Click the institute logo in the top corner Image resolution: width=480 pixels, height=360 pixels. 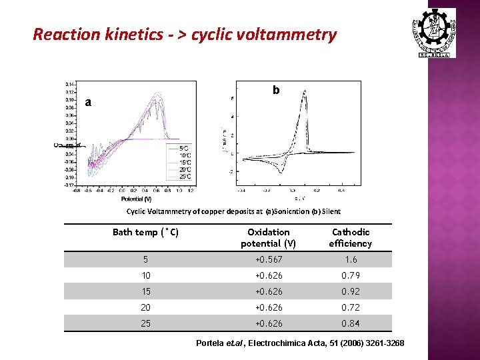[437, 32]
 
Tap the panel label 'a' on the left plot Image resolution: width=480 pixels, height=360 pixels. [88, 102]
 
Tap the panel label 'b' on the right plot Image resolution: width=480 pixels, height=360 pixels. [275, 90]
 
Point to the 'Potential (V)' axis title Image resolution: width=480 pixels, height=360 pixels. [136, 199]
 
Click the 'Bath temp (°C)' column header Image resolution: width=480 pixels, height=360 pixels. [145, 232]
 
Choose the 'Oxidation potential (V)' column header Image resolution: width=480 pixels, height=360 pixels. [269, 237]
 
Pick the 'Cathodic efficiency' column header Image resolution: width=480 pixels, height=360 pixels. [351, 237]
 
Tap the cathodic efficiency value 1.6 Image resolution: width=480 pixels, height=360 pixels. [351, 259]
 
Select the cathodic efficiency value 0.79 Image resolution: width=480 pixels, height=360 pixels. [351, 275]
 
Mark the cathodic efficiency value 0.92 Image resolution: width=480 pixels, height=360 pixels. [351, 291]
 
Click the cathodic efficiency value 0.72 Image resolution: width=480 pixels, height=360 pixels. [351, 307]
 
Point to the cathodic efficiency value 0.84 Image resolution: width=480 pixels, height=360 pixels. [351, 323]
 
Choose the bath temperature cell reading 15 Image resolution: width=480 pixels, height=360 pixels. [145, 291]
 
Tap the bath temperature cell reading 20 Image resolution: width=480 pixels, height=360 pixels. [145, 307]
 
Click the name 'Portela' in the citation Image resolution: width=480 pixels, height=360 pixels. [211, 343]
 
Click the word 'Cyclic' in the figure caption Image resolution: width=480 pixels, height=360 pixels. [137, 211]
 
